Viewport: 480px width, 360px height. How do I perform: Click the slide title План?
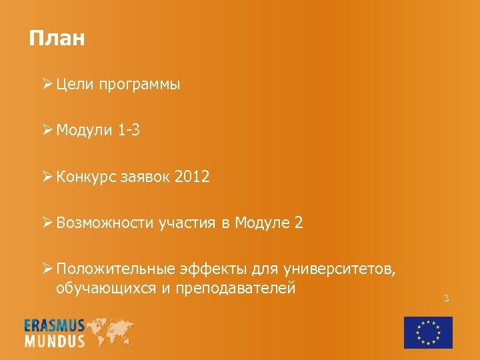(57, 38)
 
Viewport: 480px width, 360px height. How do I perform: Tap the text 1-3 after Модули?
(129, 131)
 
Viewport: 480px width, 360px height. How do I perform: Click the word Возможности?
(105, 223)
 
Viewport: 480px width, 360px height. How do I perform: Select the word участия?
(187, 223)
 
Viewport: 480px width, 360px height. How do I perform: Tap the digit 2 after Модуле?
(298, 223)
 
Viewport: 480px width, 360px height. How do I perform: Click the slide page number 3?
(447, 298)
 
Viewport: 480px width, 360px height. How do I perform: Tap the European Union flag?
(428, 332)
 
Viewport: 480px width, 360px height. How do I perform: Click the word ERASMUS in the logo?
(55, 325)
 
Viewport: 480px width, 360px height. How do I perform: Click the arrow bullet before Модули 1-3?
(47, 131)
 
